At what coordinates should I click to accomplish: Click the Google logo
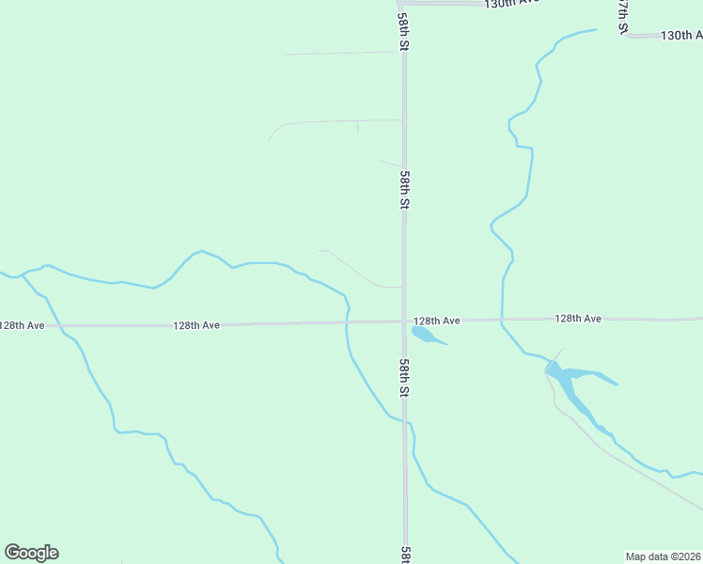[x=31, y=553]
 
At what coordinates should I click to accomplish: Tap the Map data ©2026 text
[x=664, y=556]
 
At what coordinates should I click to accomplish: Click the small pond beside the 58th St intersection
[x=425, y=335]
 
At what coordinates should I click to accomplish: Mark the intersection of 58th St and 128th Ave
[x=404, y=321]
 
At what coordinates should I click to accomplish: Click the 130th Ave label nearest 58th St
[x=513, y=4]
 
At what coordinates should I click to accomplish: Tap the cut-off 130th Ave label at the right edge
[x=681, y=36]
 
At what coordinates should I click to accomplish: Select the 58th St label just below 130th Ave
[x=403, y=31]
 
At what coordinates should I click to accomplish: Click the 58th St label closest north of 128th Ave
[x=404, y=190]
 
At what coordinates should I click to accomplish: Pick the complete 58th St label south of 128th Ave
[x=404, y=377]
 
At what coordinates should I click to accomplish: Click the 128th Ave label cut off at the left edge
[x=22, y=325]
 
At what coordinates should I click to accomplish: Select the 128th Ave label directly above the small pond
[x=437, y=321]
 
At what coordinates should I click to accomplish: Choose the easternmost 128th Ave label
[x=577, y=319]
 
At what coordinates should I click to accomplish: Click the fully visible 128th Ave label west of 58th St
[x=196, y=325]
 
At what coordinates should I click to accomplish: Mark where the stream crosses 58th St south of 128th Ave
[x=406, y=423]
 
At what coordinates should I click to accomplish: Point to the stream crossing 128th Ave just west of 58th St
[x=347, y=322]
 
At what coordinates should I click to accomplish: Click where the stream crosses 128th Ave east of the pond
[x=502, y=320]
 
